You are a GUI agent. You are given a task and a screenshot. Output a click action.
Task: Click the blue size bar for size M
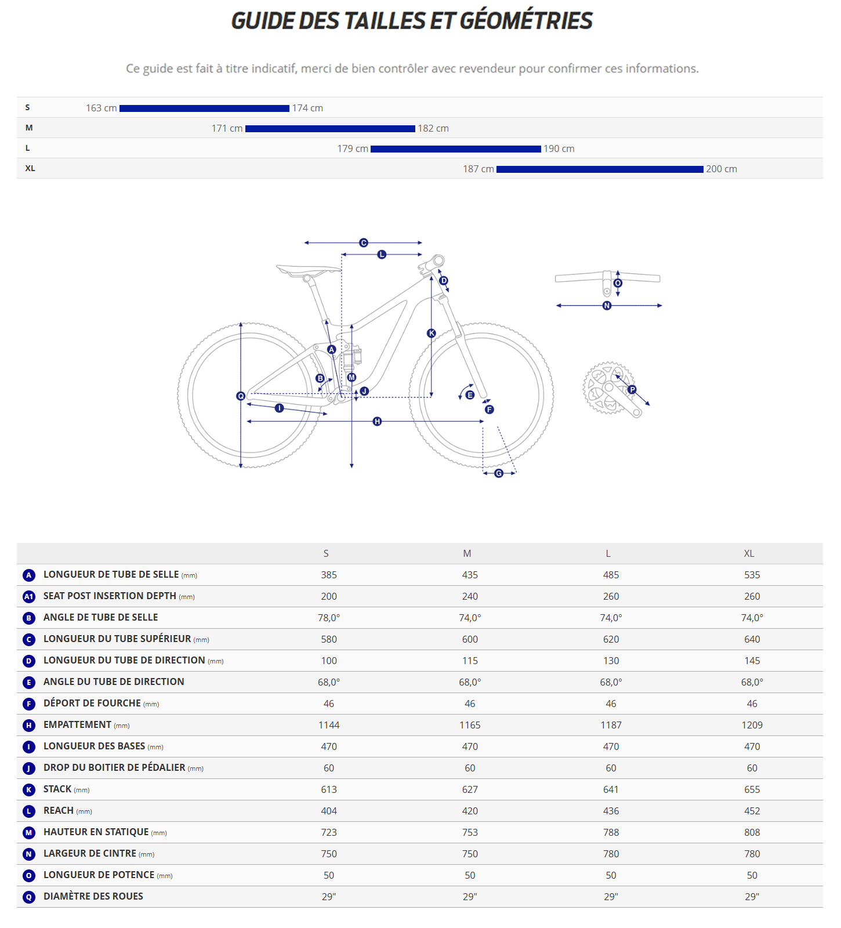click(x=330, y=128)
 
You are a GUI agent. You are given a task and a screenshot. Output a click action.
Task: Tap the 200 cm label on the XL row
click(x=721, y=169)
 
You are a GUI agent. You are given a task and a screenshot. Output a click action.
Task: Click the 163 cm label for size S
click(x=101, y=108)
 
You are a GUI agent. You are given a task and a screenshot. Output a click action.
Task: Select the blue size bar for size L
click(x=455, y=149)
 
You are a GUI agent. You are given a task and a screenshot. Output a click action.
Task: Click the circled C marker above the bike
click(x=364, y=242)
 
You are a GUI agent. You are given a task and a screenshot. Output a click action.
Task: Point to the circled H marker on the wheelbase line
click(x=377, y=421)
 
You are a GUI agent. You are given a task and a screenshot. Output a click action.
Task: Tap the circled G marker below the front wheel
click(x=499, y=473)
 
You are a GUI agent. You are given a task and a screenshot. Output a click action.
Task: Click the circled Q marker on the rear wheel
click(x=241, y=396)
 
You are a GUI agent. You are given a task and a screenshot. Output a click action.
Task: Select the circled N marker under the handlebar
click(x=607, y=306)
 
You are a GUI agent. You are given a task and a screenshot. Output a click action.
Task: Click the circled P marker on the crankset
click(x=632, y=390)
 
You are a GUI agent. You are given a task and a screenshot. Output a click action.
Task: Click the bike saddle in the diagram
click(x=307, y=270)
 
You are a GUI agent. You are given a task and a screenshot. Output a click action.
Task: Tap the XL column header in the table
click(x=749, y=553)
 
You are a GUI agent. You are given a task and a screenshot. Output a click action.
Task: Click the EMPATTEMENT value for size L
click(x=611, y=725)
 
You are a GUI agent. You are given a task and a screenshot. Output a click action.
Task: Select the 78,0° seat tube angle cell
click(x=329, y=618)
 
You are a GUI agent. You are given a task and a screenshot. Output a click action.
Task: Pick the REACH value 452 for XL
click(x=752, y=811)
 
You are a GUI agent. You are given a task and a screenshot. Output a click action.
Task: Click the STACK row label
click(x=57, y=789)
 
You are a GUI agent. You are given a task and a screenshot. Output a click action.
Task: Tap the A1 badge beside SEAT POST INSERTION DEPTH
click(x=29, y=596)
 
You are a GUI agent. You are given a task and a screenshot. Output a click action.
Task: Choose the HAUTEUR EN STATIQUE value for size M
click(x=470, y=832)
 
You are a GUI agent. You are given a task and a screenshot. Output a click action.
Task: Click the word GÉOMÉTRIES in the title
click(x=526, y=21)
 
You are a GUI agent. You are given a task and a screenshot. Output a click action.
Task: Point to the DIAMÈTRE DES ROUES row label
click(x=93, y=897)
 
